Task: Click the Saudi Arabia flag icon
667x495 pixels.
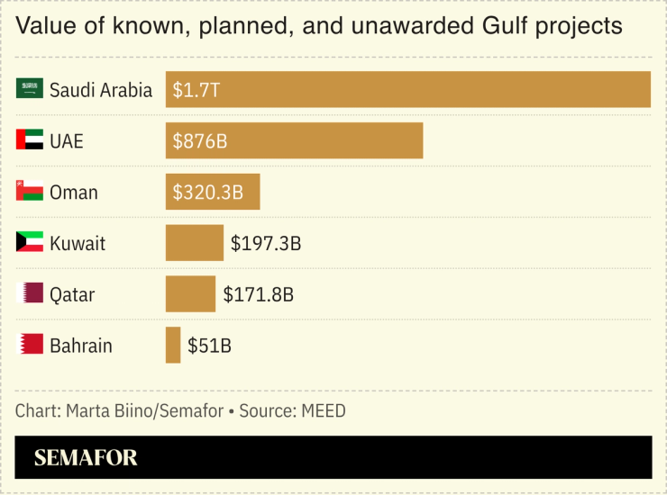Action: pyautogui.click(x=30, y=89)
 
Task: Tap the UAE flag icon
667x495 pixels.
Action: pyautogui.click(x=30, y=140)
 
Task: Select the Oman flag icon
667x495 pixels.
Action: pyautogui.click(x=30, y=192)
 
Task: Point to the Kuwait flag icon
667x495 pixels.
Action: pyautogui.click(x=30, y=243)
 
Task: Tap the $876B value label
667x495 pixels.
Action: pyautogui.click(x=199, y=141)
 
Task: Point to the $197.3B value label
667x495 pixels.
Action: pyautogui.click(x=266, y=244)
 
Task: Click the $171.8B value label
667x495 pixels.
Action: pyautogui.click(x=259, y=295)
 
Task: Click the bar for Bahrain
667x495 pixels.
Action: pyautogui.click(x=173, y=346)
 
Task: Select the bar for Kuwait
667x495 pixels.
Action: pyautogui.click(x=194, y=243)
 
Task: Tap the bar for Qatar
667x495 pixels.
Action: pyautogui.click(x=190, y=294)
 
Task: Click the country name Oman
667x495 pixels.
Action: pyautogui.click(x=74, y=193)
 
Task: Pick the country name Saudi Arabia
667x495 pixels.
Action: pyautogui.click(x=101, y=90)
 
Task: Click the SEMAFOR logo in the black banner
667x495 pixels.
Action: pyautogui.click(x=86, y=458)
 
